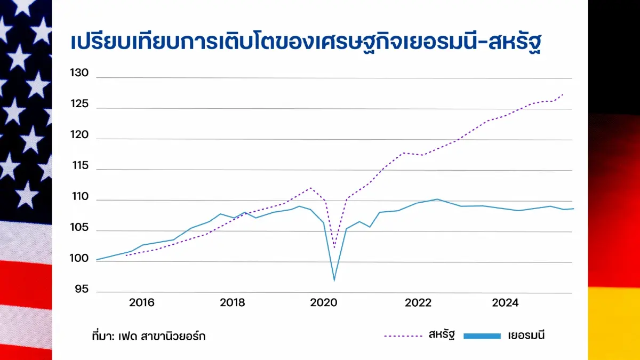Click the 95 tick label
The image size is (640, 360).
coord(81,289)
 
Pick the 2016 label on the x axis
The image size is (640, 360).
coord(141,303)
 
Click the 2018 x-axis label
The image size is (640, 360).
coord(233,303)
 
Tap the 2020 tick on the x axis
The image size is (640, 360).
coord(324,303)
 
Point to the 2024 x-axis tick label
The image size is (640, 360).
coord(505,303)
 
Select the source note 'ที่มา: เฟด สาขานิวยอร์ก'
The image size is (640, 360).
coord(148,336)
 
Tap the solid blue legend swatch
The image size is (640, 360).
coord(482,335)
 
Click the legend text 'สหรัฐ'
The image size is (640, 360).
coord(441,335)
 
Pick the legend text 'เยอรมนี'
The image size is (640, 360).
coord(526,335)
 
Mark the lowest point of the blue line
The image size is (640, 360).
coord(334,281)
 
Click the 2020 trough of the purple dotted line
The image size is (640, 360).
coord(334,247)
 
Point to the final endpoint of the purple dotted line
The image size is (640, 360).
coord(563,94)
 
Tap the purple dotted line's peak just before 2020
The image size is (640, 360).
coord(310,188)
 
